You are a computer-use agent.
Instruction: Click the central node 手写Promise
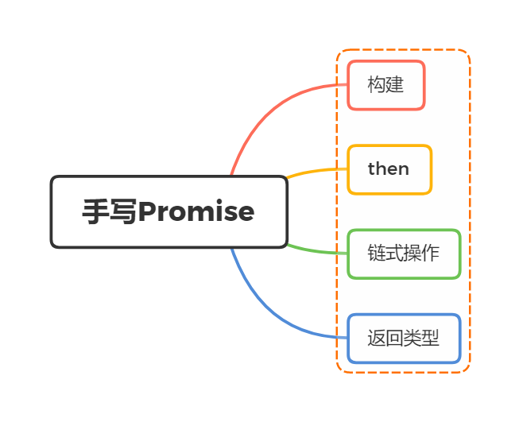pyautogui.click(x=168, y=212)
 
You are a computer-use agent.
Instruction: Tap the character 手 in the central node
pyautogui.click(x=95, y=212)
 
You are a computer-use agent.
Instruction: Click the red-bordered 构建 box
pyautogui.click(x=386, y=85)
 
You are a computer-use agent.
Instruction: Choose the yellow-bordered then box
pyautogui.click(x=389, y=169)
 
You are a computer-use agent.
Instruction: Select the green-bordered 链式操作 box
pyautogui.click(x=404, y=254)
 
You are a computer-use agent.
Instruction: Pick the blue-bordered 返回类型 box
pyautogui.click(x=404, y=339)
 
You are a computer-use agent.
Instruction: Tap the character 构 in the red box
pyautogui.click(x=377, y=84)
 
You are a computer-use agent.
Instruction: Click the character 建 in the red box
pyautogui.click(x=395, y=84)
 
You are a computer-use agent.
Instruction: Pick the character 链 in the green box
pyautogui.click(x=377, y=254)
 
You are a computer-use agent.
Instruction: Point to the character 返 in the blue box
pyautogui.click(x=377, y=339)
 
